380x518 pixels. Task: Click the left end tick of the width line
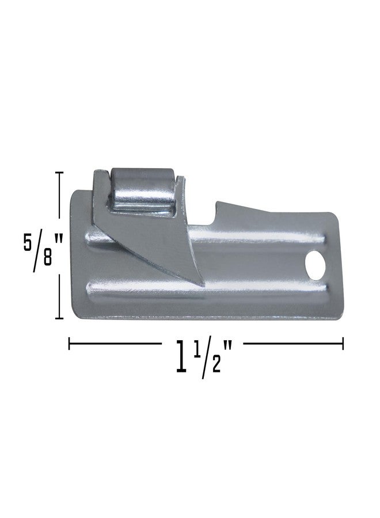(70, 344)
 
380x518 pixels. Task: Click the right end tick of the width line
(343, 344)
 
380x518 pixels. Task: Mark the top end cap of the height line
(59, 172)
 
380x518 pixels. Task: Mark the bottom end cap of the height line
(59, 318)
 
